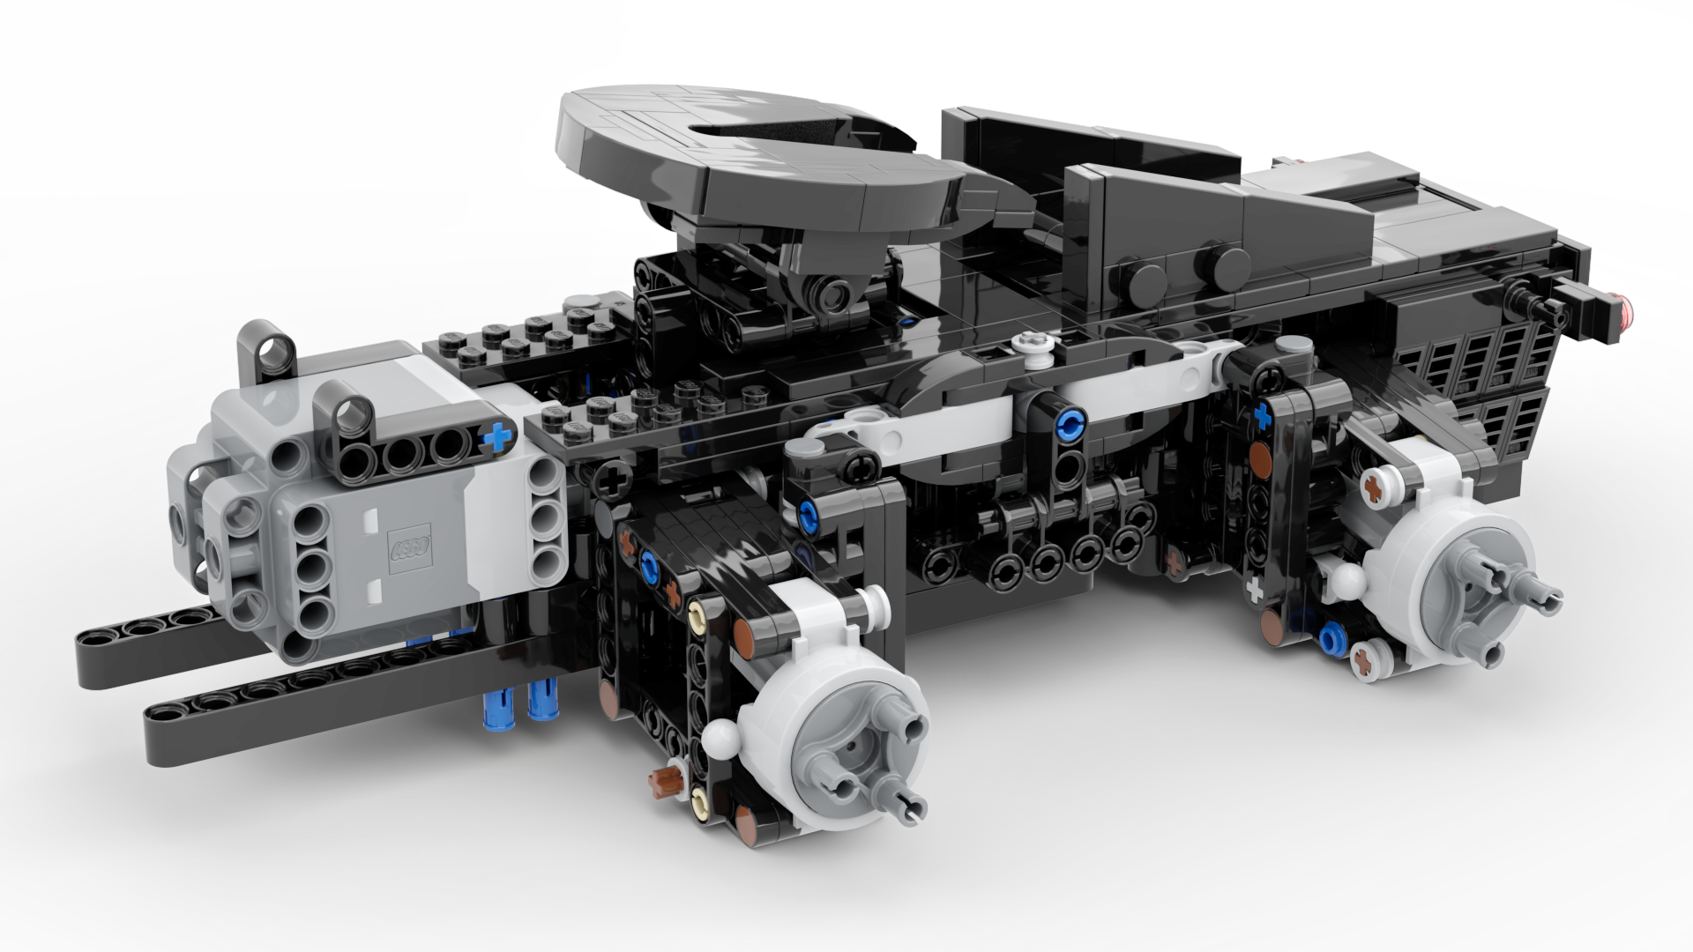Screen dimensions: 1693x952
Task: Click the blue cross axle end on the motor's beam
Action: [499, 435]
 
